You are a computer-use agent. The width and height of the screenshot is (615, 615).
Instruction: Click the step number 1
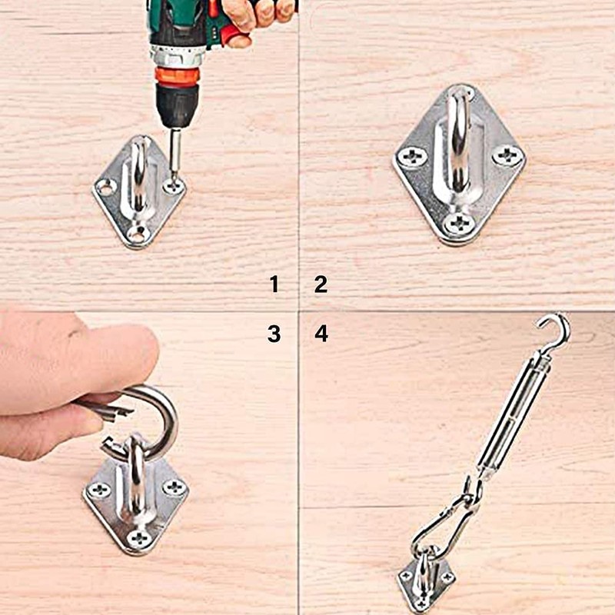coord(274,284)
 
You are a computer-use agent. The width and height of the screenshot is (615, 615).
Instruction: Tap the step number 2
coord(321,284)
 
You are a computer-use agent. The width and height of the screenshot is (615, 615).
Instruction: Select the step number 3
coord(274,334)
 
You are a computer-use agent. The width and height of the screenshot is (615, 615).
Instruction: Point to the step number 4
coord(321,334)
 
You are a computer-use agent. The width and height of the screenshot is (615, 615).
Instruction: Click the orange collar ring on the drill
coord(178,75)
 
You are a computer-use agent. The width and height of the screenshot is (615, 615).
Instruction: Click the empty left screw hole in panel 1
coord(105,187)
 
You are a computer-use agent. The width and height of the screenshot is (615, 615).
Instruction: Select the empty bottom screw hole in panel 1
coord(138,234)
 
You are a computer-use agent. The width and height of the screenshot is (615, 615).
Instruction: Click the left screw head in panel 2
coord(412,158)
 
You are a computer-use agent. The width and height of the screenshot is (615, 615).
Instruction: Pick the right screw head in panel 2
coord(507,155)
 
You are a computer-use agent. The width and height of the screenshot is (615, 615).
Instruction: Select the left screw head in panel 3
coord(99,490)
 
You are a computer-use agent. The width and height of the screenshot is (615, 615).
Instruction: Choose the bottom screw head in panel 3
coord(139,538)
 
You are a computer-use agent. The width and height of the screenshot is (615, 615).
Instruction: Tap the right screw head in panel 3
coord(175,487)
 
